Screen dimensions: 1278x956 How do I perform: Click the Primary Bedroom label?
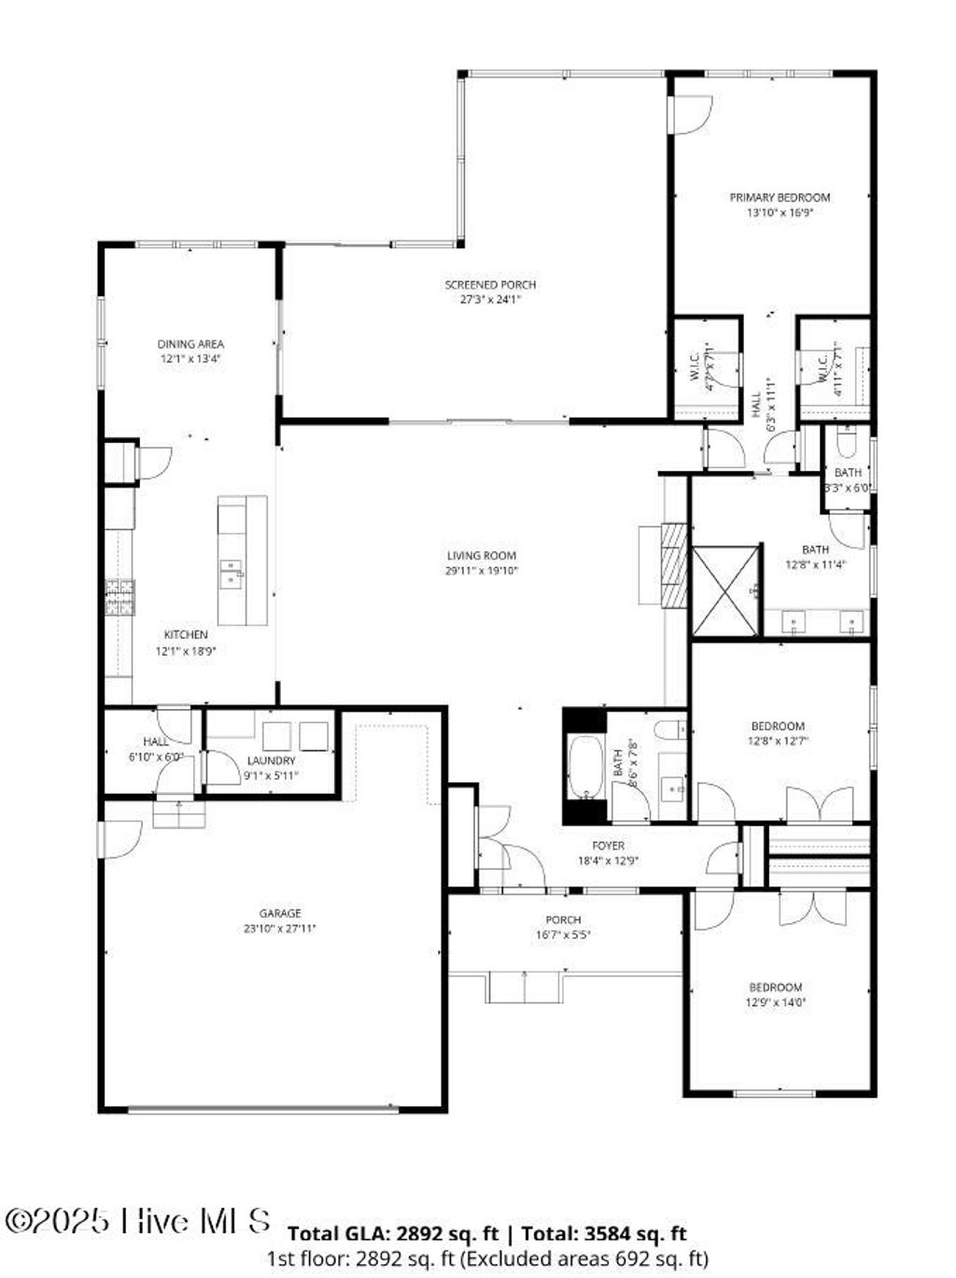(x=779, y=197)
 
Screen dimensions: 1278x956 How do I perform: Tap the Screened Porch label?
(x=489, y=285)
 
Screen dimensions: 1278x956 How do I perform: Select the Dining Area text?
(x=190, y=344)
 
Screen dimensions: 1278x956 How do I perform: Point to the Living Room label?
(x=481, y=556)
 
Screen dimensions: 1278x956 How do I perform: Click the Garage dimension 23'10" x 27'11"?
(x=280, y=929)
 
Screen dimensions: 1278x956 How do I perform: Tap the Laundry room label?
(x=271, y=760)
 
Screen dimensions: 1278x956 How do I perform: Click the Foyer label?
(x=608, y=845)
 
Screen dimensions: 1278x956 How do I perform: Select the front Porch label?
(x=563, y=920)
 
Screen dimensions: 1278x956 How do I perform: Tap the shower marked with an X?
(x=725, y=591)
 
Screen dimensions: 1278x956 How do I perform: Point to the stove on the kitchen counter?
(x=119, y=598)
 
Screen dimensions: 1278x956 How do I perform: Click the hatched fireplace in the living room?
(x=673, y=565)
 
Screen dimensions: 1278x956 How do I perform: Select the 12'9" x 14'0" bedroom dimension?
(x=776, y=1002)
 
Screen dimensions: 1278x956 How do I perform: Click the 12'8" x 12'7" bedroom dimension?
(x=778, y=741)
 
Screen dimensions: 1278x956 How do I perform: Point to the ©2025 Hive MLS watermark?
(x=138, y=1221)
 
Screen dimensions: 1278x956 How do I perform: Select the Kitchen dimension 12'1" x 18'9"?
(x=186, y=651)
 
